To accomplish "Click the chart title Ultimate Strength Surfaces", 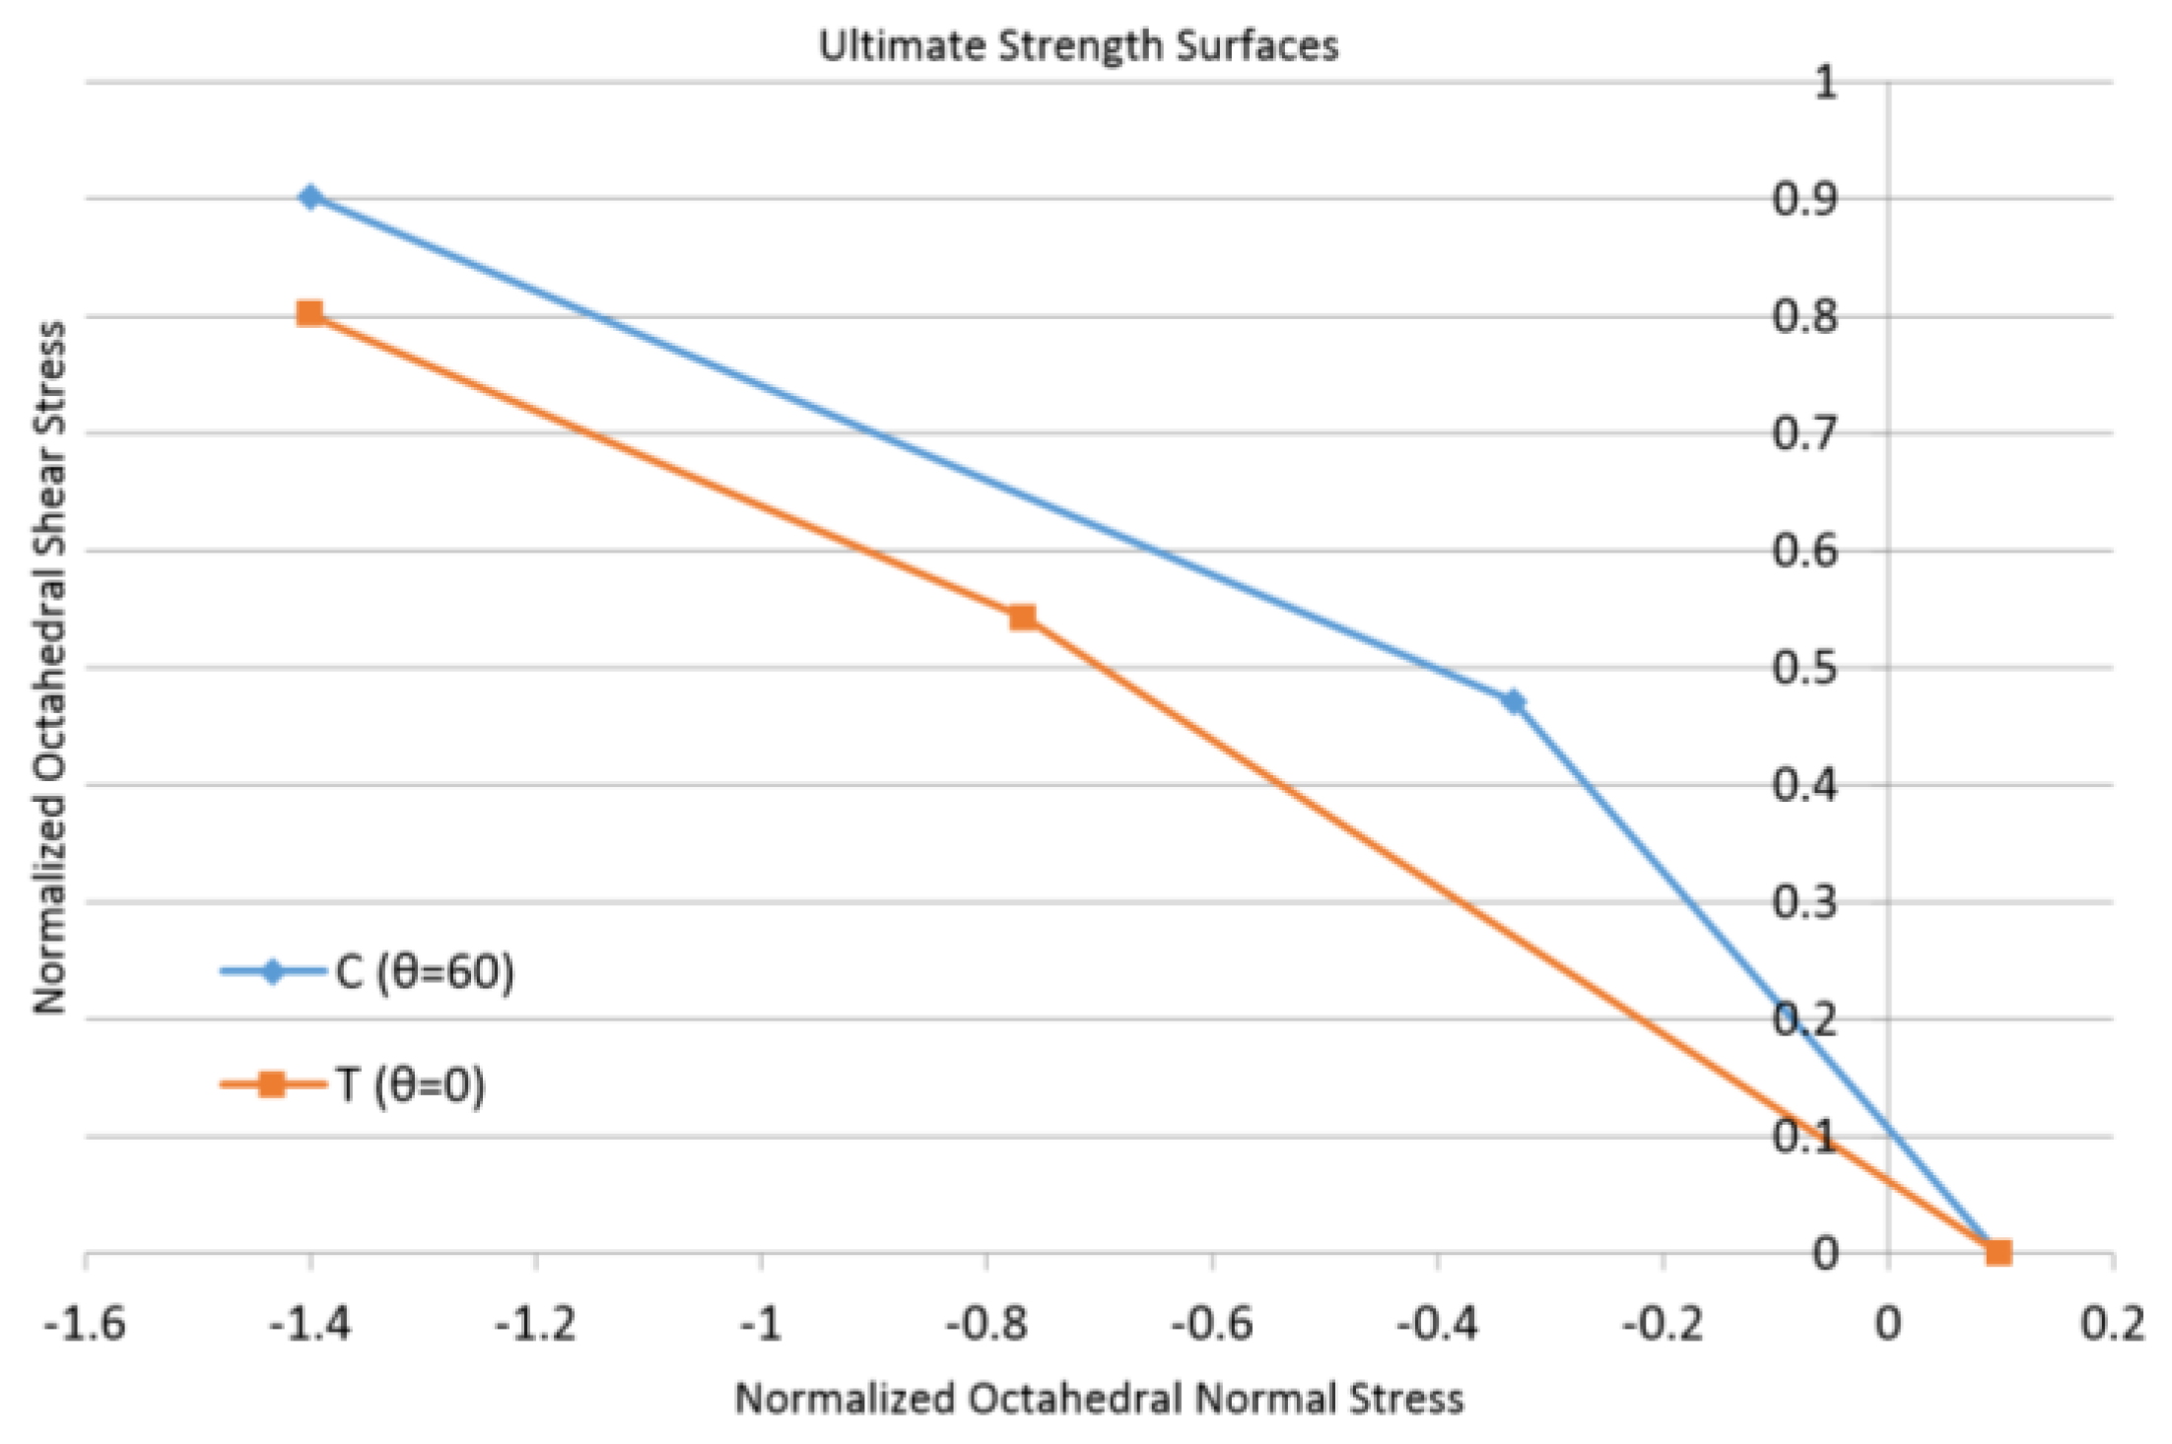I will (1078, 46).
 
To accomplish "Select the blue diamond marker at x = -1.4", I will (310, 197).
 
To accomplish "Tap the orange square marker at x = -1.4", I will (310, 314).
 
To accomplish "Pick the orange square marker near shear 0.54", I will (1023, 618).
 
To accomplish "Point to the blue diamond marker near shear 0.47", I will (1514, 701).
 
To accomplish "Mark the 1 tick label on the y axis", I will (1825, 83).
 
